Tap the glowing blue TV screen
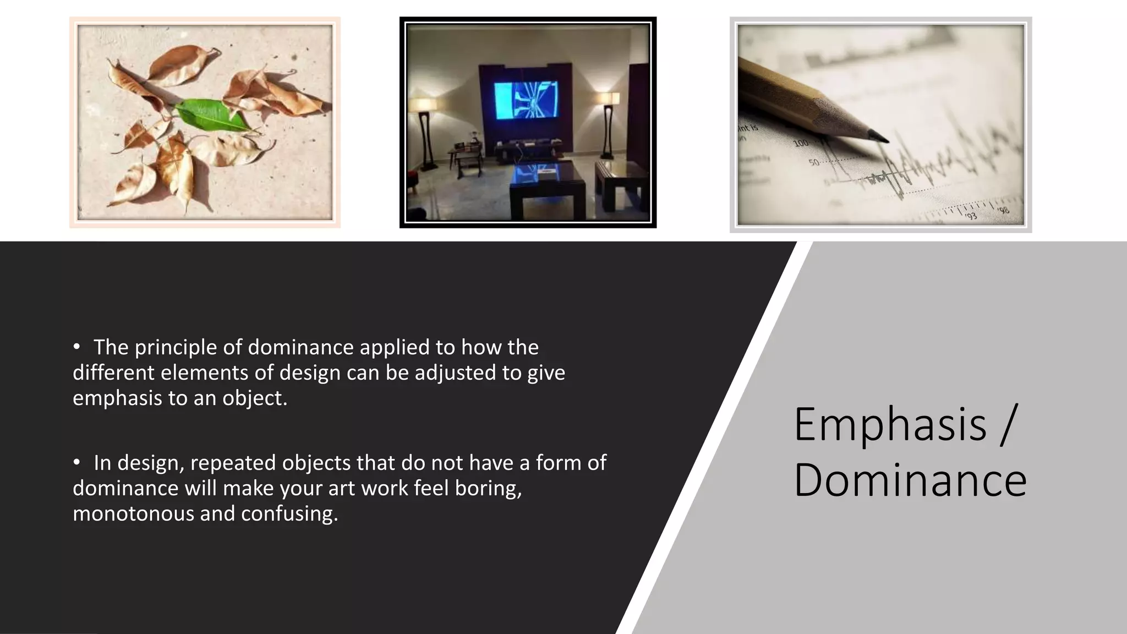pos(526,100)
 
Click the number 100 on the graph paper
pos(801,144)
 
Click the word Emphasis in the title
pos(890,424)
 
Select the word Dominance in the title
pos(910,480)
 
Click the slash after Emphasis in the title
pos(1007,424)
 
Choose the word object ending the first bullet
pos(254,398)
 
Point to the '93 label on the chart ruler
pos(971,216)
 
